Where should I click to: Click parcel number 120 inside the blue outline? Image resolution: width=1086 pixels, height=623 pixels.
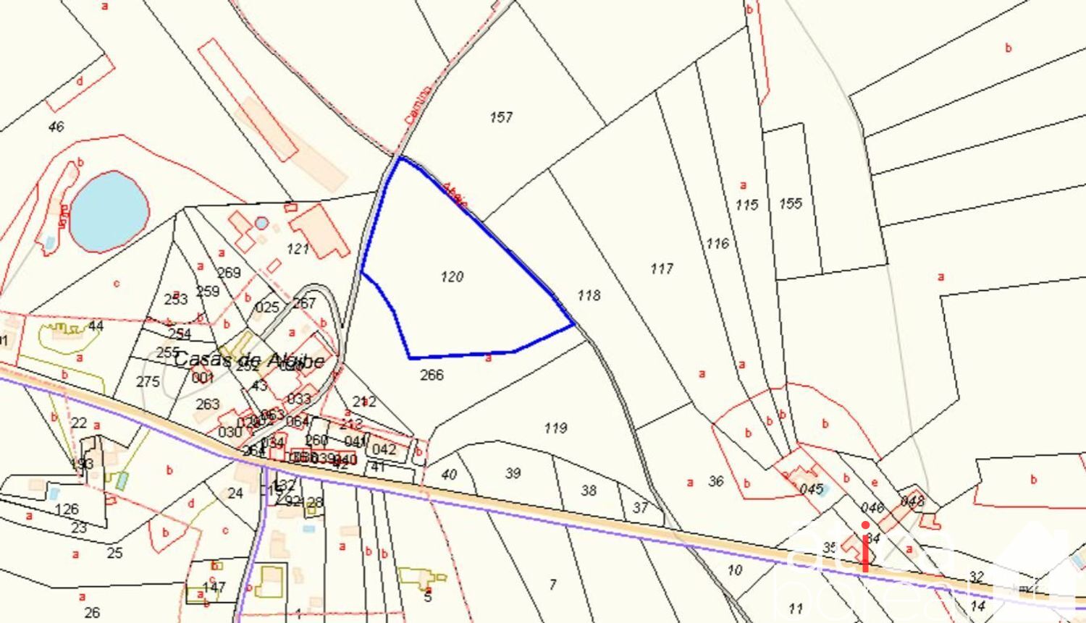tap(452, 276)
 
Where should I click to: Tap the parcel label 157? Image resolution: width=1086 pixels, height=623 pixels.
tap(501, 116)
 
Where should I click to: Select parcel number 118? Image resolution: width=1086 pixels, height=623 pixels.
tap(589, 295)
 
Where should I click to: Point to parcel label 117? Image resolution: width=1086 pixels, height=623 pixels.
tap(662, 268)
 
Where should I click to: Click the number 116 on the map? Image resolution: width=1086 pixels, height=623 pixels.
tap(717, 243)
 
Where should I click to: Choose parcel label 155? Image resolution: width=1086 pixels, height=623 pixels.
tap(791, 203)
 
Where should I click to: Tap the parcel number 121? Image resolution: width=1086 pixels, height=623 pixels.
tap(298, 250)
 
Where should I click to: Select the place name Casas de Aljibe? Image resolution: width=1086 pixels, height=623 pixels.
tap(248, 360)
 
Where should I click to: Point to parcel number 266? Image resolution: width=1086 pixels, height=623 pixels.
tap(432, 375)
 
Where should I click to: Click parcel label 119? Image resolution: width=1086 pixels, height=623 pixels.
tap(555, 428)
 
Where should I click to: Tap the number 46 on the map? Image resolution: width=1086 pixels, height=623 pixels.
tap(56, 127)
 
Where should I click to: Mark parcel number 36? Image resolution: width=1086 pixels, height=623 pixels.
tap(716, 481)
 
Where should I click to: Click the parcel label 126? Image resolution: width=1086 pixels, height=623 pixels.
tap(67, 509)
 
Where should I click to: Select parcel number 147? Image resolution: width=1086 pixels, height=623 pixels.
tap(214, 587)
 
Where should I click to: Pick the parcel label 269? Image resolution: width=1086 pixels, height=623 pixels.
tap(229, 273)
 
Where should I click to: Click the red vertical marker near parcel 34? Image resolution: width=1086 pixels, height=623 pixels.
tap(865, 547)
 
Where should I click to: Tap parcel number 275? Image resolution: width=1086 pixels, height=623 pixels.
tap(148, 381)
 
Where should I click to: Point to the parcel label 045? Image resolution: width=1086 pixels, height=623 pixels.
tap(812, 489)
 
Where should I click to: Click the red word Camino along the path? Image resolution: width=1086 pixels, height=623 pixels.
tap(418, 104)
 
